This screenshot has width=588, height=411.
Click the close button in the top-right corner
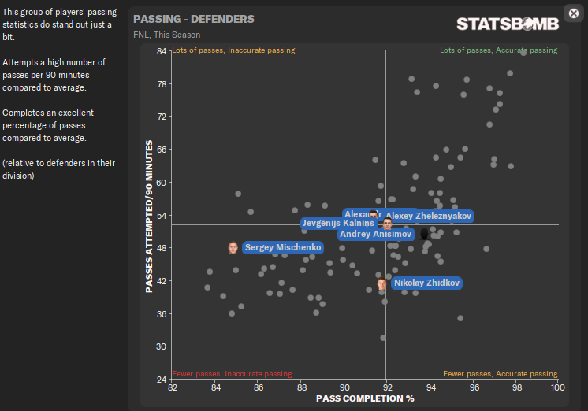[x=573, y=13]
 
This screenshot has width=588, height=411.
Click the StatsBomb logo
[x=508, y=24]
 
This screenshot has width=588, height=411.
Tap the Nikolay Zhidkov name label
[x=426, y=283]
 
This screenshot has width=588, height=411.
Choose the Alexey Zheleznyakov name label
[x=429, y=216]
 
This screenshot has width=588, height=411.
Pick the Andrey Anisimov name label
[x=376, y=234]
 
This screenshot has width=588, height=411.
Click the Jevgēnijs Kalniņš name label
[x=338, y=224]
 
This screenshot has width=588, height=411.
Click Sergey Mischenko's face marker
[x=233, y=248]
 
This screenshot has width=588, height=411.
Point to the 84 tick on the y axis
[x=161, y=51]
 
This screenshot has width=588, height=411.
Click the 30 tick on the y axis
[x=161, y=346]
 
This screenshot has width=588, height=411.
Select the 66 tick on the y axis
[x=161, y=150]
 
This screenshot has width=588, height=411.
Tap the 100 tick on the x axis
[x=558, y=388]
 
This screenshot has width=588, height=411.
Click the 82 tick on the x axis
[x=173, y=388]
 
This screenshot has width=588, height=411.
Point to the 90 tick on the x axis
[x=344, y=388]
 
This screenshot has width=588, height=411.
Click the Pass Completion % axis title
[x=365, y=399]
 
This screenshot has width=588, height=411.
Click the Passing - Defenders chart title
[x=194, y=19]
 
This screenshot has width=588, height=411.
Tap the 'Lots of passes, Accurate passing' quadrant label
[x=498, y=50]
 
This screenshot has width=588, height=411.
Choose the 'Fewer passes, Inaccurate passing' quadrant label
[x=232, y=374]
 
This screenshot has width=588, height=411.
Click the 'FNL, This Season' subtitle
[x=166, y=35]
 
